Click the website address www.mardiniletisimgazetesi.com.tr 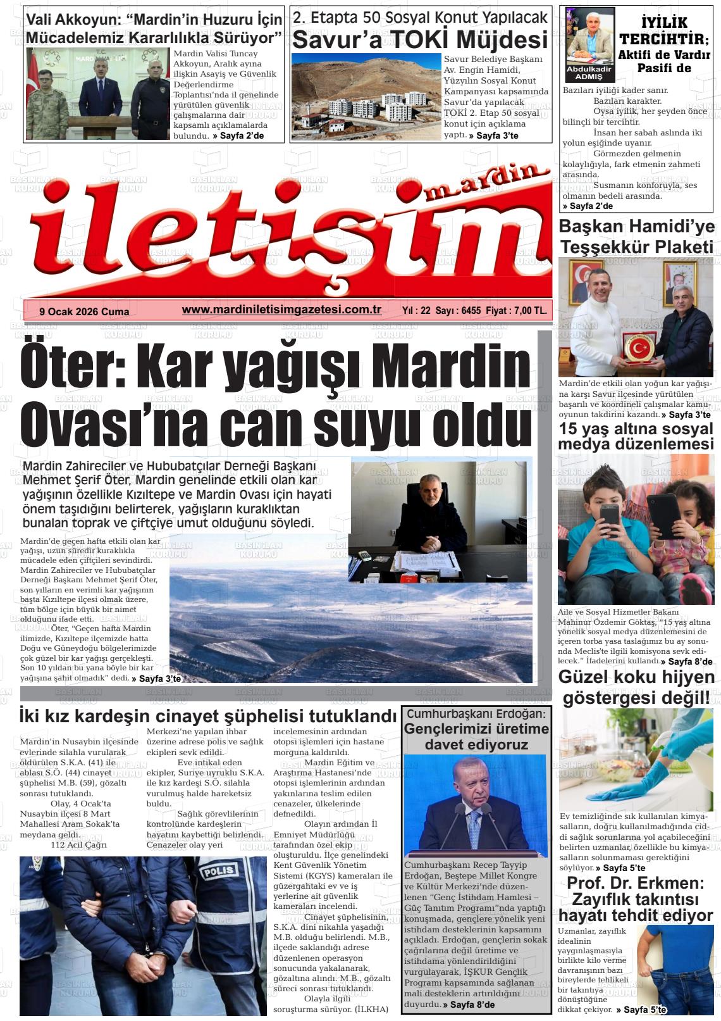click(281, 310)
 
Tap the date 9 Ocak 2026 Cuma click(84, 311)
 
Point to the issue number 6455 click(472, 311)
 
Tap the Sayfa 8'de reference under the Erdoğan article click(469, 1005)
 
